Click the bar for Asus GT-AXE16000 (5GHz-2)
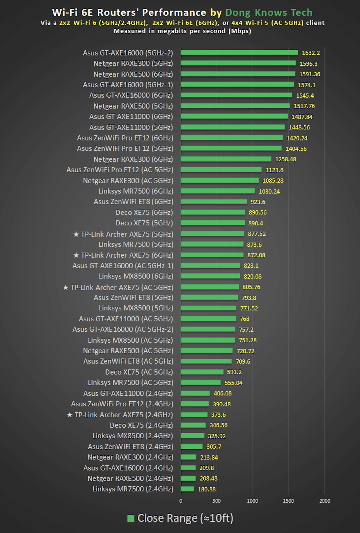coord(239,52)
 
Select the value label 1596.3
coord(309,64)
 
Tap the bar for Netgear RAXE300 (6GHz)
coord(226,159)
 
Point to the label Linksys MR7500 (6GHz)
coord(136,191)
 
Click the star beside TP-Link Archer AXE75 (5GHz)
coord(76,234)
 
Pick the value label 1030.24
coord(269,191)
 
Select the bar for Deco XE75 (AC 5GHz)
coord(202,372)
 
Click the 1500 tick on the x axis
coord(288,501)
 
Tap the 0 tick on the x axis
coord(181,501)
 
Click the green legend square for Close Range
coord(131,518)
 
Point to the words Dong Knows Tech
coord(269,13)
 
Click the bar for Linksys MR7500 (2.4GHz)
coord(188,489)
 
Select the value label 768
coord(244,319)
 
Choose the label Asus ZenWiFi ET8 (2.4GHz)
coord(130,447)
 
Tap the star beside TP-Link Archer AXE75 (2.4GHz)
coord(70,415)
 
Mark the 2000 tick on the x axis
coord(325,501)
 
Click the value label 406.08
coord(223,393)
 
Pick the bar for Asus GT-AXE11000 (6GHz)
coord(234,117)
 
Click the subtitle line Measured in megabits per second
coord(183,31)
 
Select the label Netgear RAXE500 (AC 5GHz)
coord(128,351)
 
